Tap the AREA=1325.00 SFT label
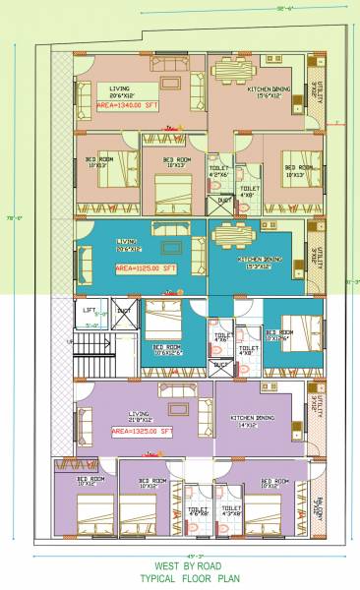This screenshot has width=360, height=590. click(139, 431)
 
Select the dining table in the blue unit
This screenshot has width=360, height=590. click(234, 236)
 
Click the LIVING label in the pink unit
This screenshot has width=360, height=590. click(119, 89)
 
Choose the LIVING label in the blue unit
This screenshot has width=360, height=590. click(126, 241)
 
